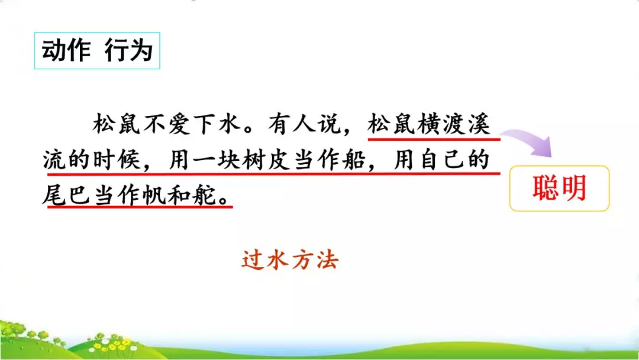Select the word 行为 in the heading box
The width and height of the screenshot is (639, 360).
pos(128,52)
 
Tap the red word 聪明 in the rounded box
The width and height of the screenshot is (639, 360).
pos(559,188)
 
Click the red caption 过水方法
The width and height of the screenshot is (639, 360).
pos(289,261)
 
